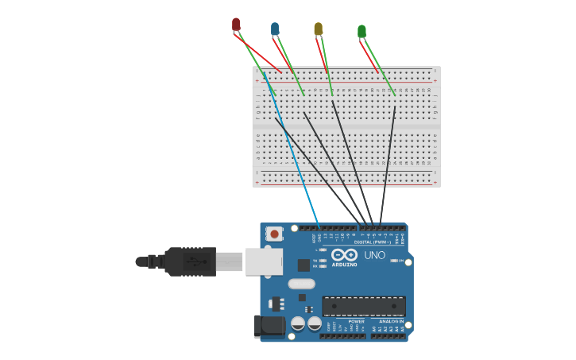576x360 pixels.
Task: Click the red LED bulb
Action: click(x=236, y=25)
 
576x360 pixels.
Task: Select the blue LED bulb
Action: click(x=275, y=29)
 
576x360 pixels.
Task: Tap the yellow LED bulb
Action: click(x=318, y=29)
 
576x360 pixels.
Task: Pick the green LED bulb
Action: click(x=361, y=31)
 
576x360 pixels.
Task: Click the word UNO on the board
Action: click(x=374, y=255)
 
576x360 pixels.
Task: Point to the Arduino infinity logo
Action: click(x=344, y=254)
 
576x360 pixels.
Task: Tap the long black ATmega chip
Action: click(x=363, y=306)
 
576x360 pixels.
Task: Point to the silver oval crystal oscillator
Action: click(x=301, y=284)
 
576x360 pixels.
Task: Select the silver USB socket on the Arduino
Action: click(x=264, y=261)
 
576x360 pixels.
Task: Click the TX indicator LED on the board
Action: click(x=322, y=260)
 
